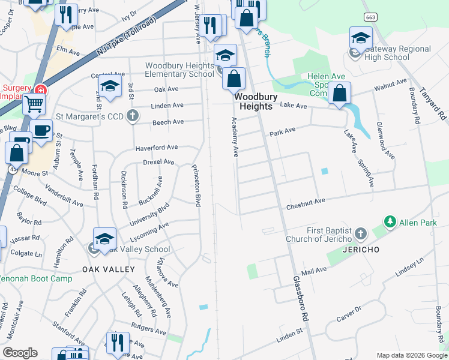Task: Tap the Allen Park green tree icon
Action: click(390, 223)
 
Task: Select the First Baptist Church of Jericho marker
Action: click(360, 232)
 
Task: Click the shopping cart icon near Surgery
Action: click(34, 104)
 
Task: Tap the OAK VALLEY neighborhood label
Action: click(108, 269)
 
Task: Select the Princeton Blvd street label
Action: click(196, 185)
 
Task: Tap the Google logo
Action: click(20, 353)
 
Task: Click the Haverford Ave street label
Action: click(156, 147)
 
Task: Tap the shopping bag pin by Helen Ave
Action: click(340, 94)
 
